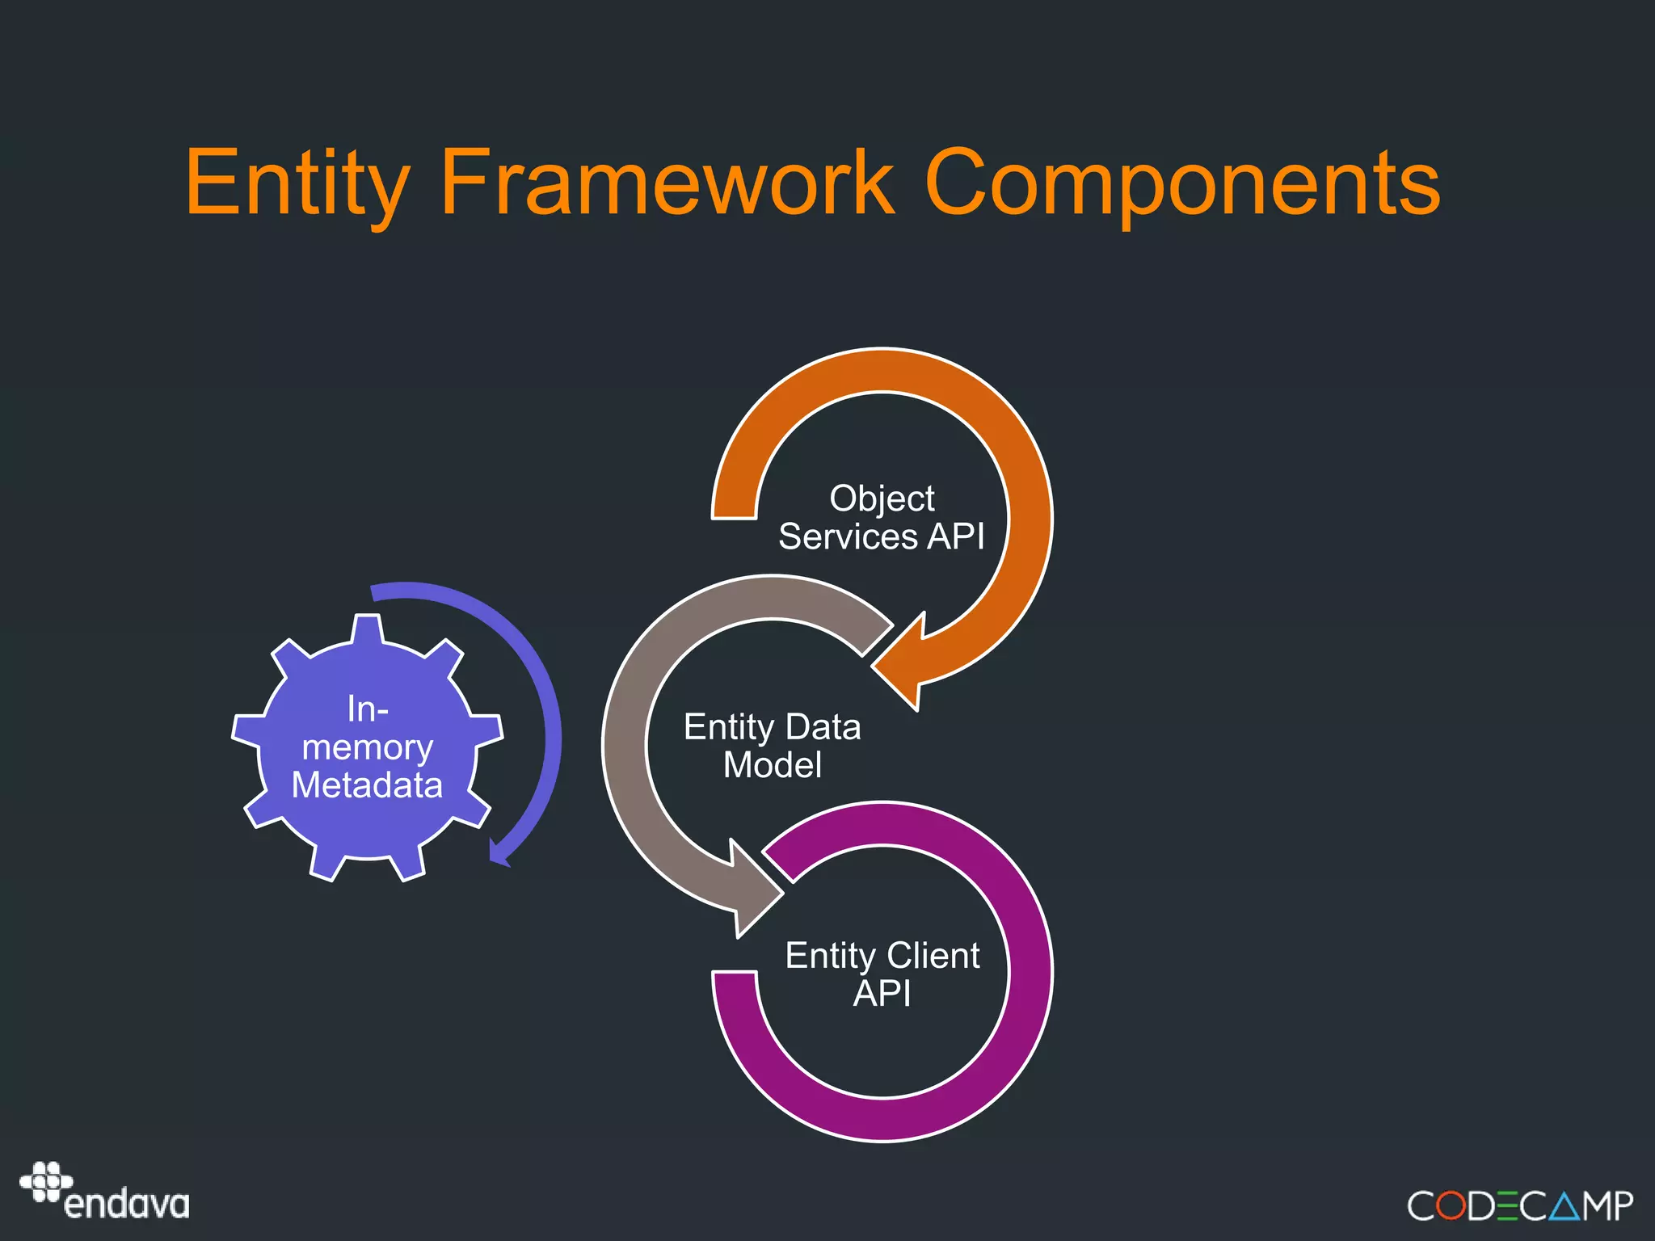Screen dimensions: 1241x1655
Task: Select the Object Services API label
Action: pos(882,518)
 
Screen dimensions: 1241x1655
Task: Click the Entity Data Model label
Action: pos(772,746)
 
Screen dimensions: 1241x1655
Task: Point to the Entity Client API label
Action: pos(882,974)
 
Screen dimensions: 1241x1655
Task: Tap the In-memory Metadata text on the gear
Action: pos(368,747)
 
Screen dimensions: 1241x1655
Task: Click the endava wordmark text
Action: pos(127,1205)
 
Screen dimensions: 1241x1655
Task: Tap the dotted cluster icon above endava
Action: pos(47,1181)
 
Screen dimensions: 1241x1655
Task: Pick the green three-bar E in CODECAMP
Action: pos(1507,1206)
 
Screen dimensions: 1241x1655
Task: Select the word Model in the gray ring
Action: pos(772,765)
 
